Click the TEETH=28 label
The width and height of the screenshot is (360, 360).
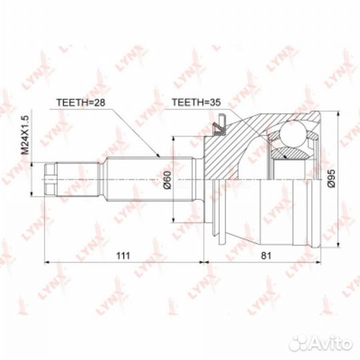click(81, 103)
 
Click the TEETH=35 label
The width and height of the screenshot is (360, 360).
click(196, 103)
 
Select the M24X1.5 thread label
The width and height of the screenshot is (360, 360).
click(25, 135)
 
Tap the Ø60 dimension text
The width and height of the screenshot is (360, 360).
click(167, 180)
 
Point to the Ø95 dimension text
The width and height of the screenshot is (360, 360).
click(331, 178)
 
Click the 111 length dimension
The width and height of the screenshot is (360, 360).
click(123, 255)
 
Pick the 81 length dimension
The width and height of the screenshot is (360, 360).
click(266, 255)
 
